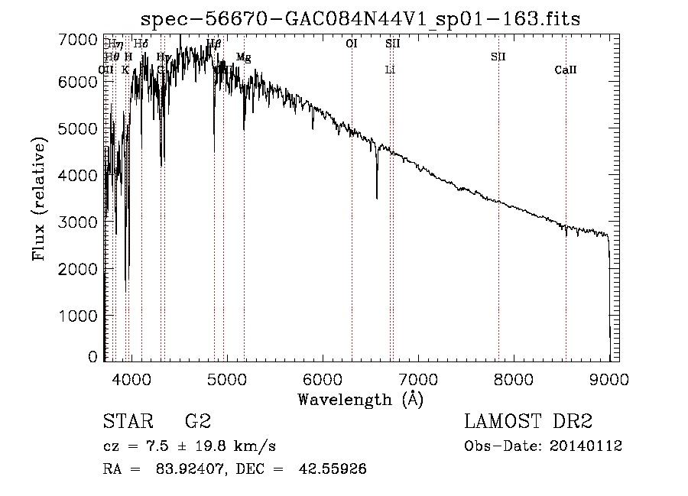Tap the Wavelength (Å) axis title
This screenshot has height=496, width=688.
[x=360, y=399]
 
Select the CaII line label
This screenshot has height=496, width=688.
[x=566, y=70]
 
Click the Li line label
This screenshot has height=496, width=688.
[x=390, y=70]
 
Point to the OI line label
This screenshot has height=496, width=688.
[x=352, y=44]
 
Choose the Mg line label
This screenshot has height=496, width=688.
[x=243, y=57]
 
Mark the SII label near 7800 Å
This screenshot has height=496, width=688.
[x=498, y=57]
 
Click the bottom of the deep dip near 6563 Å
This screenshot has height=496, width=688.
[x=377, y=198]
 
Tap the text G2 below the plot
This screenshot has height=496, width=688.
[x=198, y=421]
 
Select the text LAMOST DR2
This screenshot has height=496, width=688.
[x=528, y=421]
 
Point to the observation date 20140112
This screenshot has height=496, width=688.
[x=584, y=446]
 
